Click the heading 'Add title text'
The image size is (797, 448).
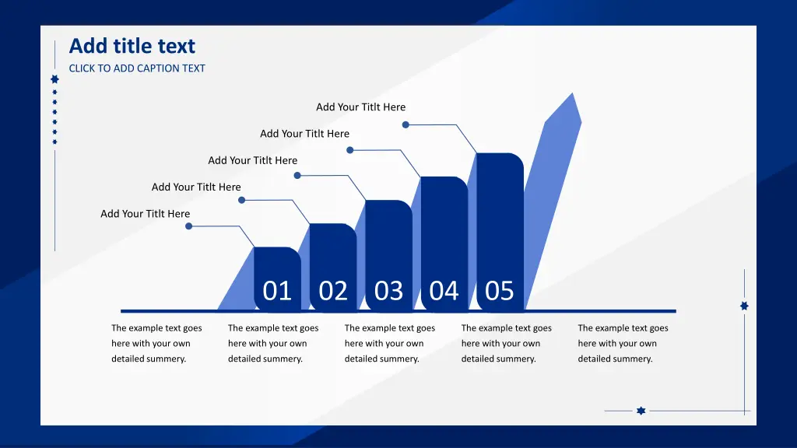[132, 46]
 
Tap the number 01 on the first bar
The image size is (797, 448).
[277, 291]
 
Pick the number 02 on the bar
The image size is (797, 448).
[333, 291]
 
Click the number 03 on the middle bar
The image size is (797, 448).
[389, 291]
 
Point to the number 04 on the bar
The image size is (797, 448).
[444, 291]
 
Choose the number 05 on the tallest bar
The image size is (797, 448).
[499, 291]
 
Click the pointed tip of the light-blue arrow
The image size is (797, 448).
[573, 93]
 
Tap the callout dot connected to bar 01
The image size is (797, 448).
[188, 226]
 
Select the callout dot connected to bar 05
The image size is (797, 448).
[406, 124]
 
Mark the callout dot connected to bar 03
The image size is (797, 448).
[297, 175]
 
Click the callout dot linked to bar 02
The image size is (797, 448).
[242, 200]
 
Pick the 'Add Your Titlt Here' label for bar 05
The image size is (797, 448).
[361, 107]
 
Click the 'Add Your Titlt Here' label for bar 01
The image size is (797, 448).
[146, 214]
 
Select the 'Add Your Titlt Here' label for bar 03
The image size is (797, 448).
[253, 160]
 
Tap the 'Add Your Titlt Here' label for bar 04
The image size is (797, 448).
[305, 134]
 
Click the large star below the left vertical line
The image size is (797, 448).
[55, 79]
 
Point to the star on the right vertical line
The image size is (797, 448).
[744, 306]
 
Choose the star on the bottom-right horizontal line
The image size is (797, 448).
[641, 411]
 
